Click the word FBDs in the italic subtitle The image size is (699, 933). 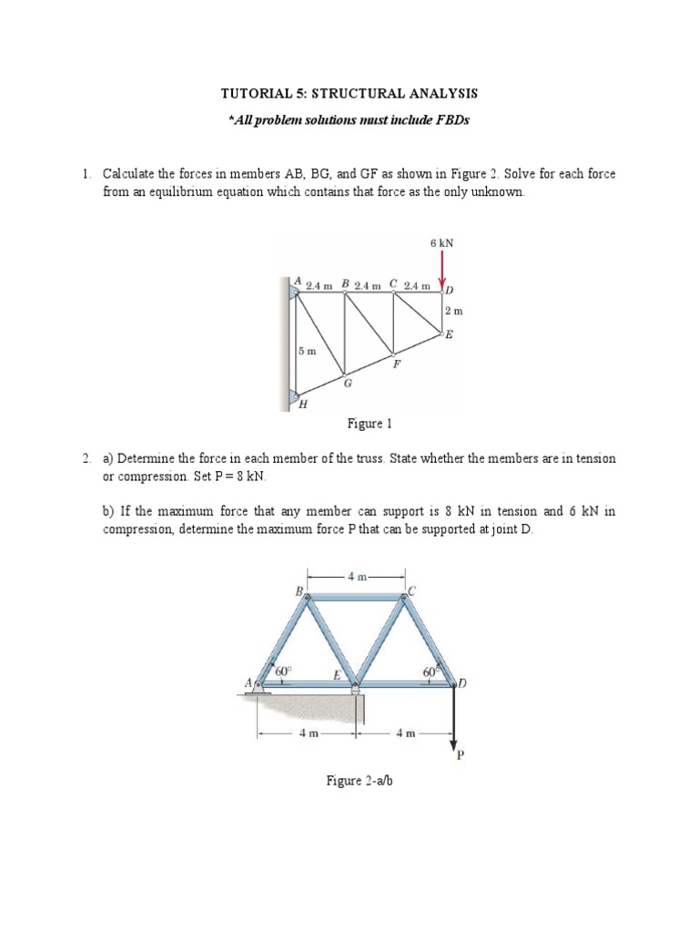(450, 121)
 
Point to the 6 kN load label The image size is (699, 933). (441, 243)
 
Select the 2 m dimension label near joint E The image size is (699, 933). (453, 312)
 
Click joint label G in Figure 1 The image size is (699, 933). (347, 384)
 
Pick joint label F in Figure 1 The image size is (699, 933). (395, 364)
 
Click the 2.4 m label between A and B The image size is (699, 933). (319, 285)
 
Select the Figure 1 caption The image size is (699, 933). (369, 424)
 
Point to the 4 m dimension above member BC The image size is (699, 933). (356, 576)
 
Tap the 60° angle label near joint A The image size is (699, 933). (283, 671)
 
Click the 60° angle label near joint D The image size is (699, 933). (429, 672)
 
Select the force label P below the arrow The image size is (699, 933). (460, 753)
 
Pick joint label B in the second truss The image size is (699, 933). (298, 590)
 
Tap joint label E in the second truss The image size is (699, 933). (336, 674)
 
